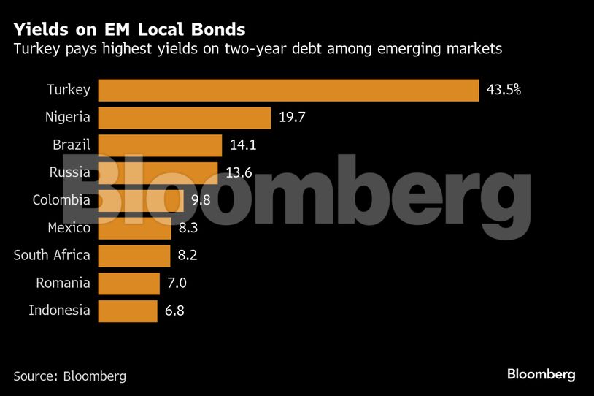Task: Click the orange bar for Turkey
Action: point(288,90)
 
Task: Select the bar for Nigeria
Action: point(184,118)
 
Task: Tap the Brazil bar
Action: point(159,145)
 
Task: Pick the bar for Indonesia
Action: point(127,310)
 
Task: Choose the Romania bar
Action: point(128,283)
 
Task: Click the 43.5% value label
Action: point(504,90)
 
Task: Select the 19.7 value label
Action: point(290,118)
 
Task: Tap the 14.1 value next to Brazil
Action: point(242,145)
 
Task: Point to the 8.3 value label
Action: point(188,228)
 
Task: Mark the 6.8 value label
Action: point(174,310)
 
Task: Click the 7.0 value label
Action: point(176,283)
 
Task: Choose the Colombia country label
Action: point(61,200)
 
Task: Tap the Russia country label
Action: point(70,172)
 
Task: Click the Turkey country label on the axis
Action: point(69,90)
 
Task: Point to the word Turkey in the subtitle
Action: point(34,50)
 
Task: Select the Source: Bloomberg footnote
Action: point(70,376)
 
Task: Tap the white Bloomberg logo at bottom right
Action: point(541,374)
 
